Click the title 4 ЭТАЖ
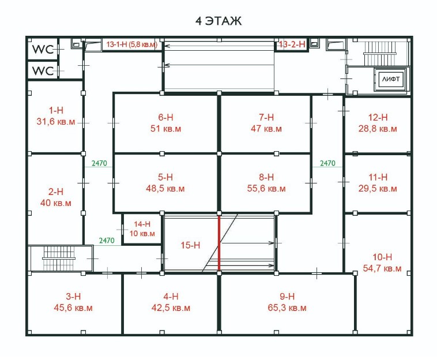coord(218,21)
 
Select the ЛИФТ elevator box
coord(391,79)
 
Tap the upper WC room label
coord(43,50)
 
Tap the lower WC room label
coord(43,71)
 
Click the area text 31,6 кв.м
coord(56,122)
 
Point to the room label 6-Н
coord(165,117)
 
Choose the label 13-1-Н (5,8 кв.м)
coord(132,44)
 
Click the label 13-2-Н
coord(292,44)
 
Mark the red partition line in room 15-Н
coord(219,243)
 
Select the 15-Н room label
coord(190,245)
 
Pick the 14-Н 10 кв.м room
coord(142,228)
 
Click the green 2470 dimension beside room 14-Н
coord(107,241)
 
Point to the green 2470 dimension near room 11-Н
coord(327,163)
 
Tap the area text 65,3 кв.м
coord(287,308)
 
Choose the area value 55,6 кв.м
coord(266,189)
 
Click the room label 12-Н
coord(378,117)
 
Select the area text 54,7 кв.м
coord(382,268)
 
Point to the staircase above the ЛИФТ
coord(379,54)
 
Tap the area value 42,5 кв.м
coord(171,308)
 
